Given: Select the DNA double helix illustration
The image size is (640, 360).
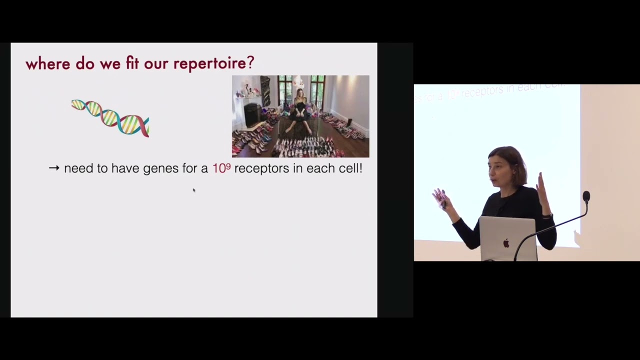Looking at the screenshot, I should (x=110, y=118).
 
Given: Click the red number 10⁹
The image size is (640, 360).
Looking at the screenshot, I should (x=221, y=168).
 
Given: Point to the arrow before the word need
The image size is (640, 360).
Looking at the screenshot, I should (x=54, y=168).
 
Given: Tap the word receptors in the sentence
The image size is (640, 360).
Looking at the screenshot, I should (x=261, y=168).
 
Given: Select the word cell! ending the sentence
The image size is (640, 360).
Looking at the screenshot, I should (x=350, y=168).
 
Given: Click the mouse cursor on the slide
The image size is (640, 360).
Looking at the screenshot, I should (x=193, y=189).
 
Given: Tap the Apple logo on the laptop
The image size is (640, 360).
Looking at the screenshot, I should (x=506, y=243).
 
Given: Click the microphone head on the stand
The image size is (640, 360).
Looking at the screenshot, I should (x=586, y=196).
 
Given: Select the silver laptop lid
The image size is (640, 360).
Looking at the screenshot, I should (x=508, y=238).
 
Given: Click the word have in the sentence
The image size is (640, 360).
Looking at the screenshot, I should (x=125, y=168).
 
